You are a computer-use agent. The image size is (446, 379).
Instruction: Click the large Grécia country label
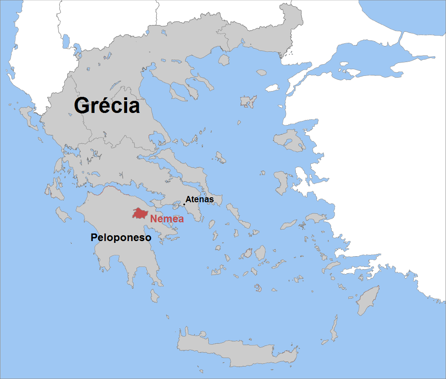click(x=107, y=106)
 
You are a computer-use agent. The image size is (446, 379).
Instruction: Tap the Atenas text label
click(x=199, y=199)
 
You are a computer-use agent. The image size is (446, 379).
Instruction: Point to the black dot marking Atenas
click(x=184, y=204)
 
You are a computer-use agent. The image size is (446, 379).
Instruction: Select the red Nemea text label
click(x=167, y=219)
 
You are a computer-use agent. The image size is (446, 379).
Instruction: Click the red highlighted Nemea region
click(x=140, y=213)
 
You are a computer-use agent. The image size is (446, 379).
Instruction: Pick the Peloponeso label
click(x=121, y=237)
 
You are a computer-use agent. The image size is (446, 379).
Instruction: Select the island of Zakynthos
click(x=63, y=216)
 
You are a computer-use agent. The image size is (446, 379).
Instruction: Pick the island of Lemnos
click(x=248, y=102)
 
